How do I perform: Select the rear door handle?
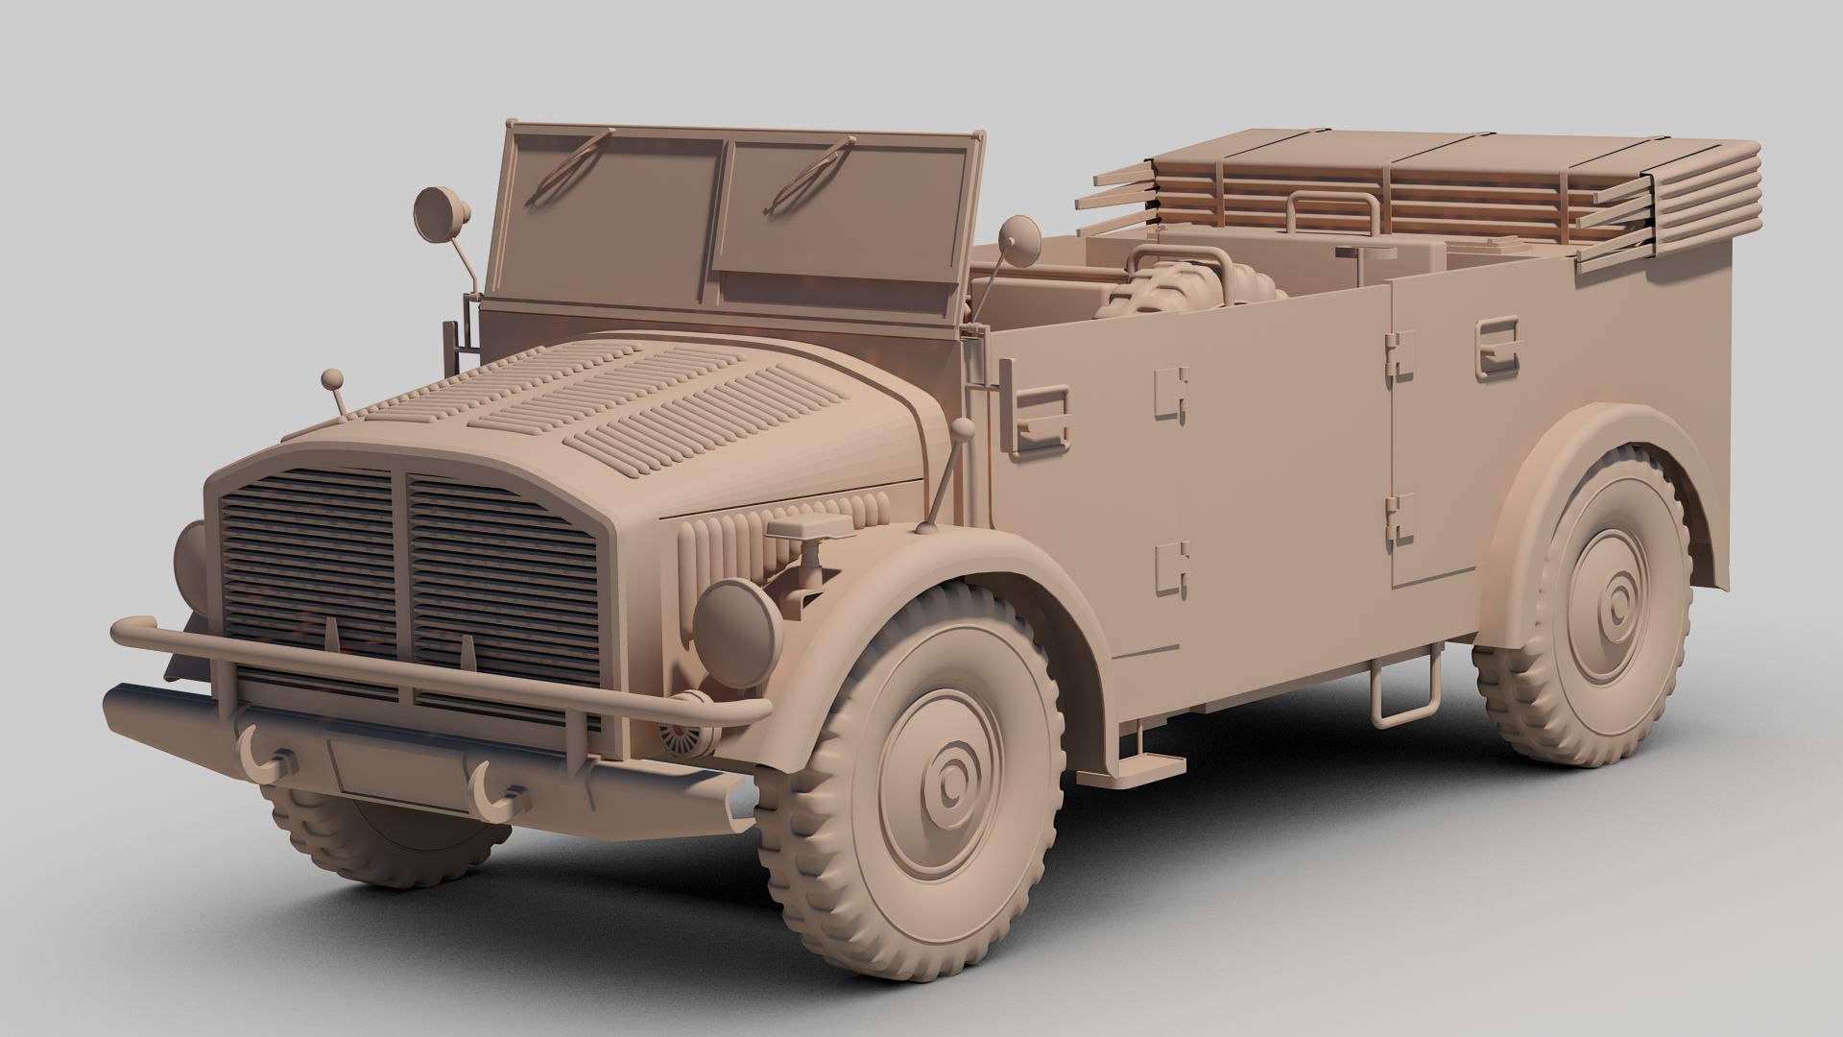pyautogui.click(x=1498, y=345)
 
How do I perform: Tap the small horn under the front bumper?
pyautogui.click(x=683, y=737)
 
